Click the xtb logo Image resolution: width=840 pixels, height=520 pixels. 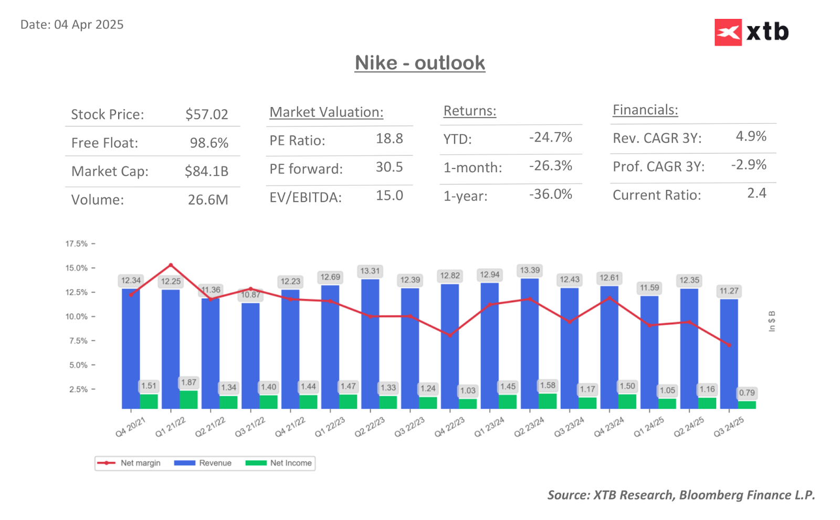point(751,33)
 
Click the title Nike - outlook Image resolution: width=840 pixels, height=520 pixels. point(419,63)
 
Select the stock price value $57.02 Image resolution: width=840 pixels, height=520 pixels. point(206,114)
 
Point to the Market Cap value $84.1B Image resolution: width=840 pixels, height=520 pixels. point(206,171)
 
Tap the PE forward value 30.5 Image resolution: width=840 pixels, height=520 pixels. point(389,167)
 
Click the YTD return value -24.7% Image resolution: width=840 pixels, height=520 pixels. point(550,137)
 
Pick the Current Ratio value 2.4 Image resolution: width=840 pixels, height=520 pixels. point(757,194)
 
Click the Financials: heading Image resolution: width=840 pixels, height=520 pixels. point(645,110)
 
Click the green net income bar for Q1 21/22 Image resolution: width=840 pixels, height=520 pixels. point(188,399)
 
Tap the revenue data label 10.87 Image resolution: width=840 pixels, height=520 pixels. point(250,295)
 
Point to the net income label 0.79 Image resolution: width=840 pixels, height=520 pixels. point(747,393)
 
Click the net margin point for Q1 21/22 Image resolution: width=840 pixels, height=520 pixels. point(171,265)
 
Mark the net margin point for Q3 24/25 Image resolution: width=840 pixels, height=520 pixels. point(729,345)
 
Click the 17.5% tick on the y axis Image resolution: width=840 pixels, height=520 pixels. point(77,244)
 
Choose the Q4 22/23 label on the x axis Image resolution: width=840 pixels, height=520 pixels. point(450,427)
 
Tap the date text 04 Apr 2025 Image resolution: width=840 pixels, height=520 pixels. point(89,25)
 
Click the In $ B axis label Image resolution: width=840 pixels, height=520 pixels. point(771,321)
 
